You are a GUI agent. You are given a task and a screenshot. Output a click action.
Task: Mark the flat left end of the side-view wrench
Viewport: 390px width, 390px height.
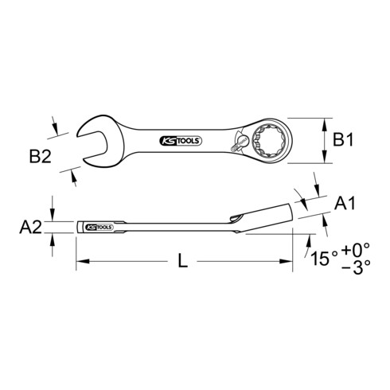pos(78,225)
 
